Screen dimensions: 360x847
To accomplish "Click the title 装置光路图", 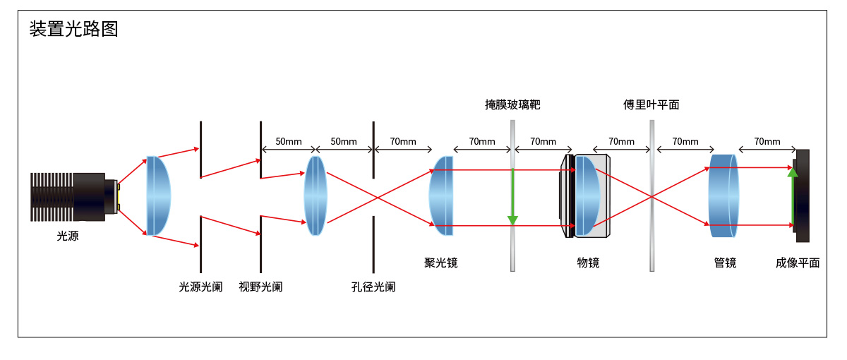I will (x=73, y=29).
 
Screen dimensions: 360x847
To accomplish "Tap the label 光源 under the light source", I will (x=68, y=236).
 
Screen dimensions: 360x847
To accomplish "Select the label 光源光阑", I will (x=200, y=287).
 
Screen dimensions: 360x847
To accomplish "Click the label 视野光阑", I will (x=260, y=287).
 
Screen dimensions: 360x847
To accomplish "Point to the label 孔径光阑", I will (x=373, y=287).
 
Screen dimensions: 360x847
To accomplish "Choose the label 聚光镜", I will (x=441, y=263).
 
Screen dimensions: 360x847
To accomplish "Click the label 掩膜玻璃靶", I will (x=512, y=105).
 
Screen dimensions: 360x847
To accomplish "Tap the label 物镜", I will (x=588, y=263).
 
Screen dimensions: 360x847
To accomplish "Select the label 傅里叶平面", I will (x=651, y=105).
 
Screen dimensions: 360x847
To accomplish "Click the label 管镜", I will (x=725, y=263).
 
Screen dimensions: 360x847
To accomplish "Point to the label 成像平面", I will (x=798, y=263).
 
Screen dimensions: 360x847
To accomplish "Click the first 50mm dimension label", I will (x=288, y=141).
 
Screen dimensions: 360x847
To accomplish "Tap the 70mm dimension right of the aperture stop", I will (x=403, y=141).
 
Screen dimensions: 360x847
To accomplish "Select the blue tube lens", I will (x=724, y=196).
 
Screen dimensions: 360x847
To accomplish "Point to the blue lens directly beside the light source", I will (x=159, y=196).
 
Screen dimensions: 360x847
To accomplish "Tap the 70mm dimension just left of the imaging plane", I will (x=767, y=141).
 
